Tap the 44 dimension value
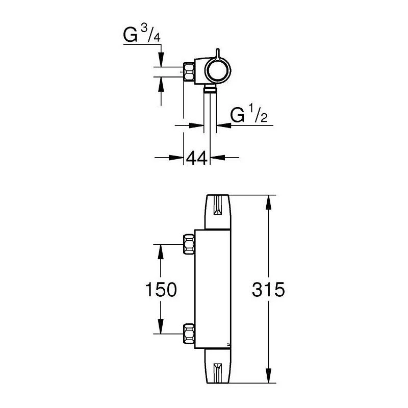click(196, 158)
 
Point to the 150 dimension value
click(161, 290)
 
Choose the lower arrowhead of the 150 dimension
click(161, 327)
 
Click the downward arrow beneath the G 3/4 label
click(161, 60)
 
